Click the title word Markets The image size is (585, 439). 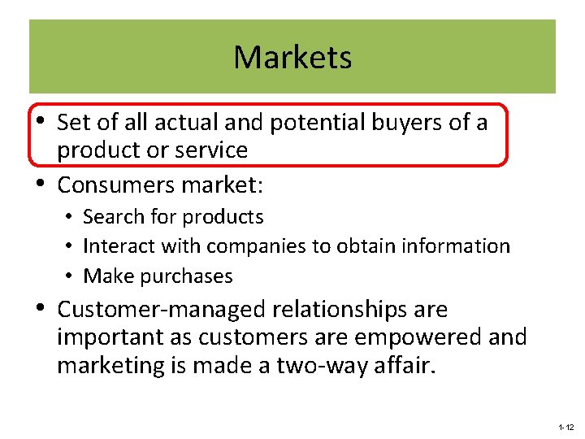point(292,57)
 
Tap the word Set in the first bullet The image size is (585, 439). point(72,123)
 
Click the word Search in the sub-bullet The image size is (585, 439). point(110,217)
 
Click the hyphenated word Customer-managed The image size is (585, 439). point(162,310)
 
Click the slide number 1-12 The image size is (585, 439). point(565,427)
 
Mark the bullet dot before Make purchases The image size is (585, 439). point(71,277)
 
